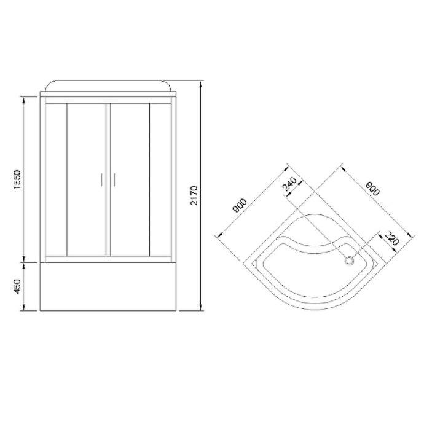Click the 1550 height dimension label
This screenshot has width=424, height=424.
tap(17, 178)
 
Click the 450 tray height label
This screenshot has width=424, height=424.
tap(17, 286)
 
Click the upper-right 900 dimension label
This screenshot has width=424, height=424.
tap(372, 187)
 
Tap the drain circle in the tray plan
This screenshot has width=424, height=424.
tap(351, 261)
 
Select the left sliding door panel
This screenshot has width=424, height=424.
tap(87, 178)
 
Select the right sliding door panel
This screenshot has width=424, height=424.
tap(129, 178)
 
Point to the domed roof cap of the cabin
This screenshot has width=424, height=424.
tap(109, 86)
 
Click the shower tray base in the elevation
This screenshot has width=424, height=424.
tap(109, 286)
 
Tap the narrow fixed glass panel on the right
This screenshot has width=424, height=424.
tap(160, 178)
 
